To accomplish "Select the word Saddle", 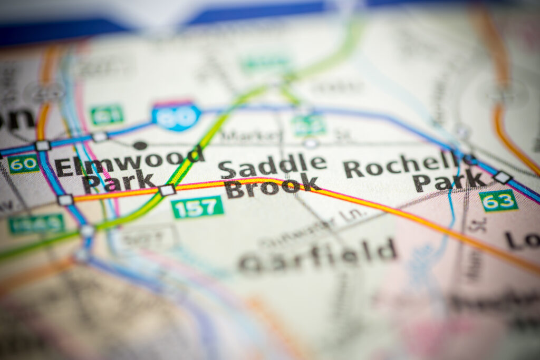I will pos(273,166).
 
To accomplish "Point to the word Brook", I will pos(272,187).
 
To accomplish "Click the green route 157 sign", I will pos(197,207).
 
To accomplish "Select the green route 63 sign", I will pos(498,201).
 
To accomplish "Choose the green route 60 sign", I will pos(23,164).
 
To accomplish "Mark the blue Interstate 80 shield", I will pos(176,116).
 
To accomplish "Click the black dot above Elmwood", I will pos(140,145).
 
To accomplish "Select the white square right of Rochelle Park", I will pos(503,177).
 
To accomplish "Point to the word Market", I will pos(252,135).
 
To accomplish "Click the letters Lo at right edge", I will pos(522,240).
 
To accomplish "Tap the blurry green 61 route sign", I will pos(107,114).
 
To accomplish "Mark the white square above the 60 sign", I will pos(42,146).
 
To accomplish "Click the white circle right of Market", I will pos(311,143).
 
